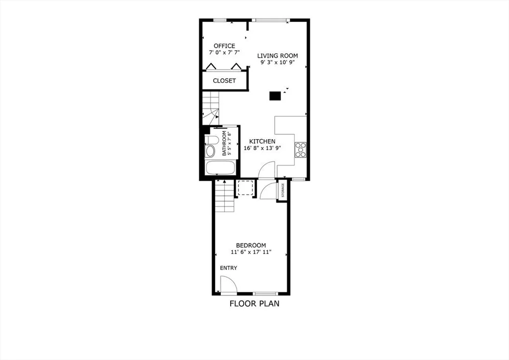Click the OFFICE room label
[x=224, y=46]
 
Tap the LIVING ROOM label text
[x=277, y=56]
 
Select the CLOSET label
[x=224, y=81]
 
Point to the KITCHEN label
[x=262, y=141]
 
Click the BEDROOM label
[x=251, y=245]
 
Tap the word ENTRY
[x=229, y=268]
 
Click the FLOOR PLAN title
[x=254, y=303]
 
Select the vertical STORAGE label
[x=283, y=190]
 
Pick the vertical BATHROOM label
[x=225, y=144]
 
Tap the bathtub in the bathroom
[x=219, y=168]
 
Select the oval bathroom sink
[x=210, y=151]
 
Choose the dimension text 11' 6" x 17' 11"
[x=251, y=252]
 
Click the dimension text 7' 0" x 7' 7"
[x=224, y=53]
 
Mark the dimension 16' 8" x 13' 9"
[x=262, y=148]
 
